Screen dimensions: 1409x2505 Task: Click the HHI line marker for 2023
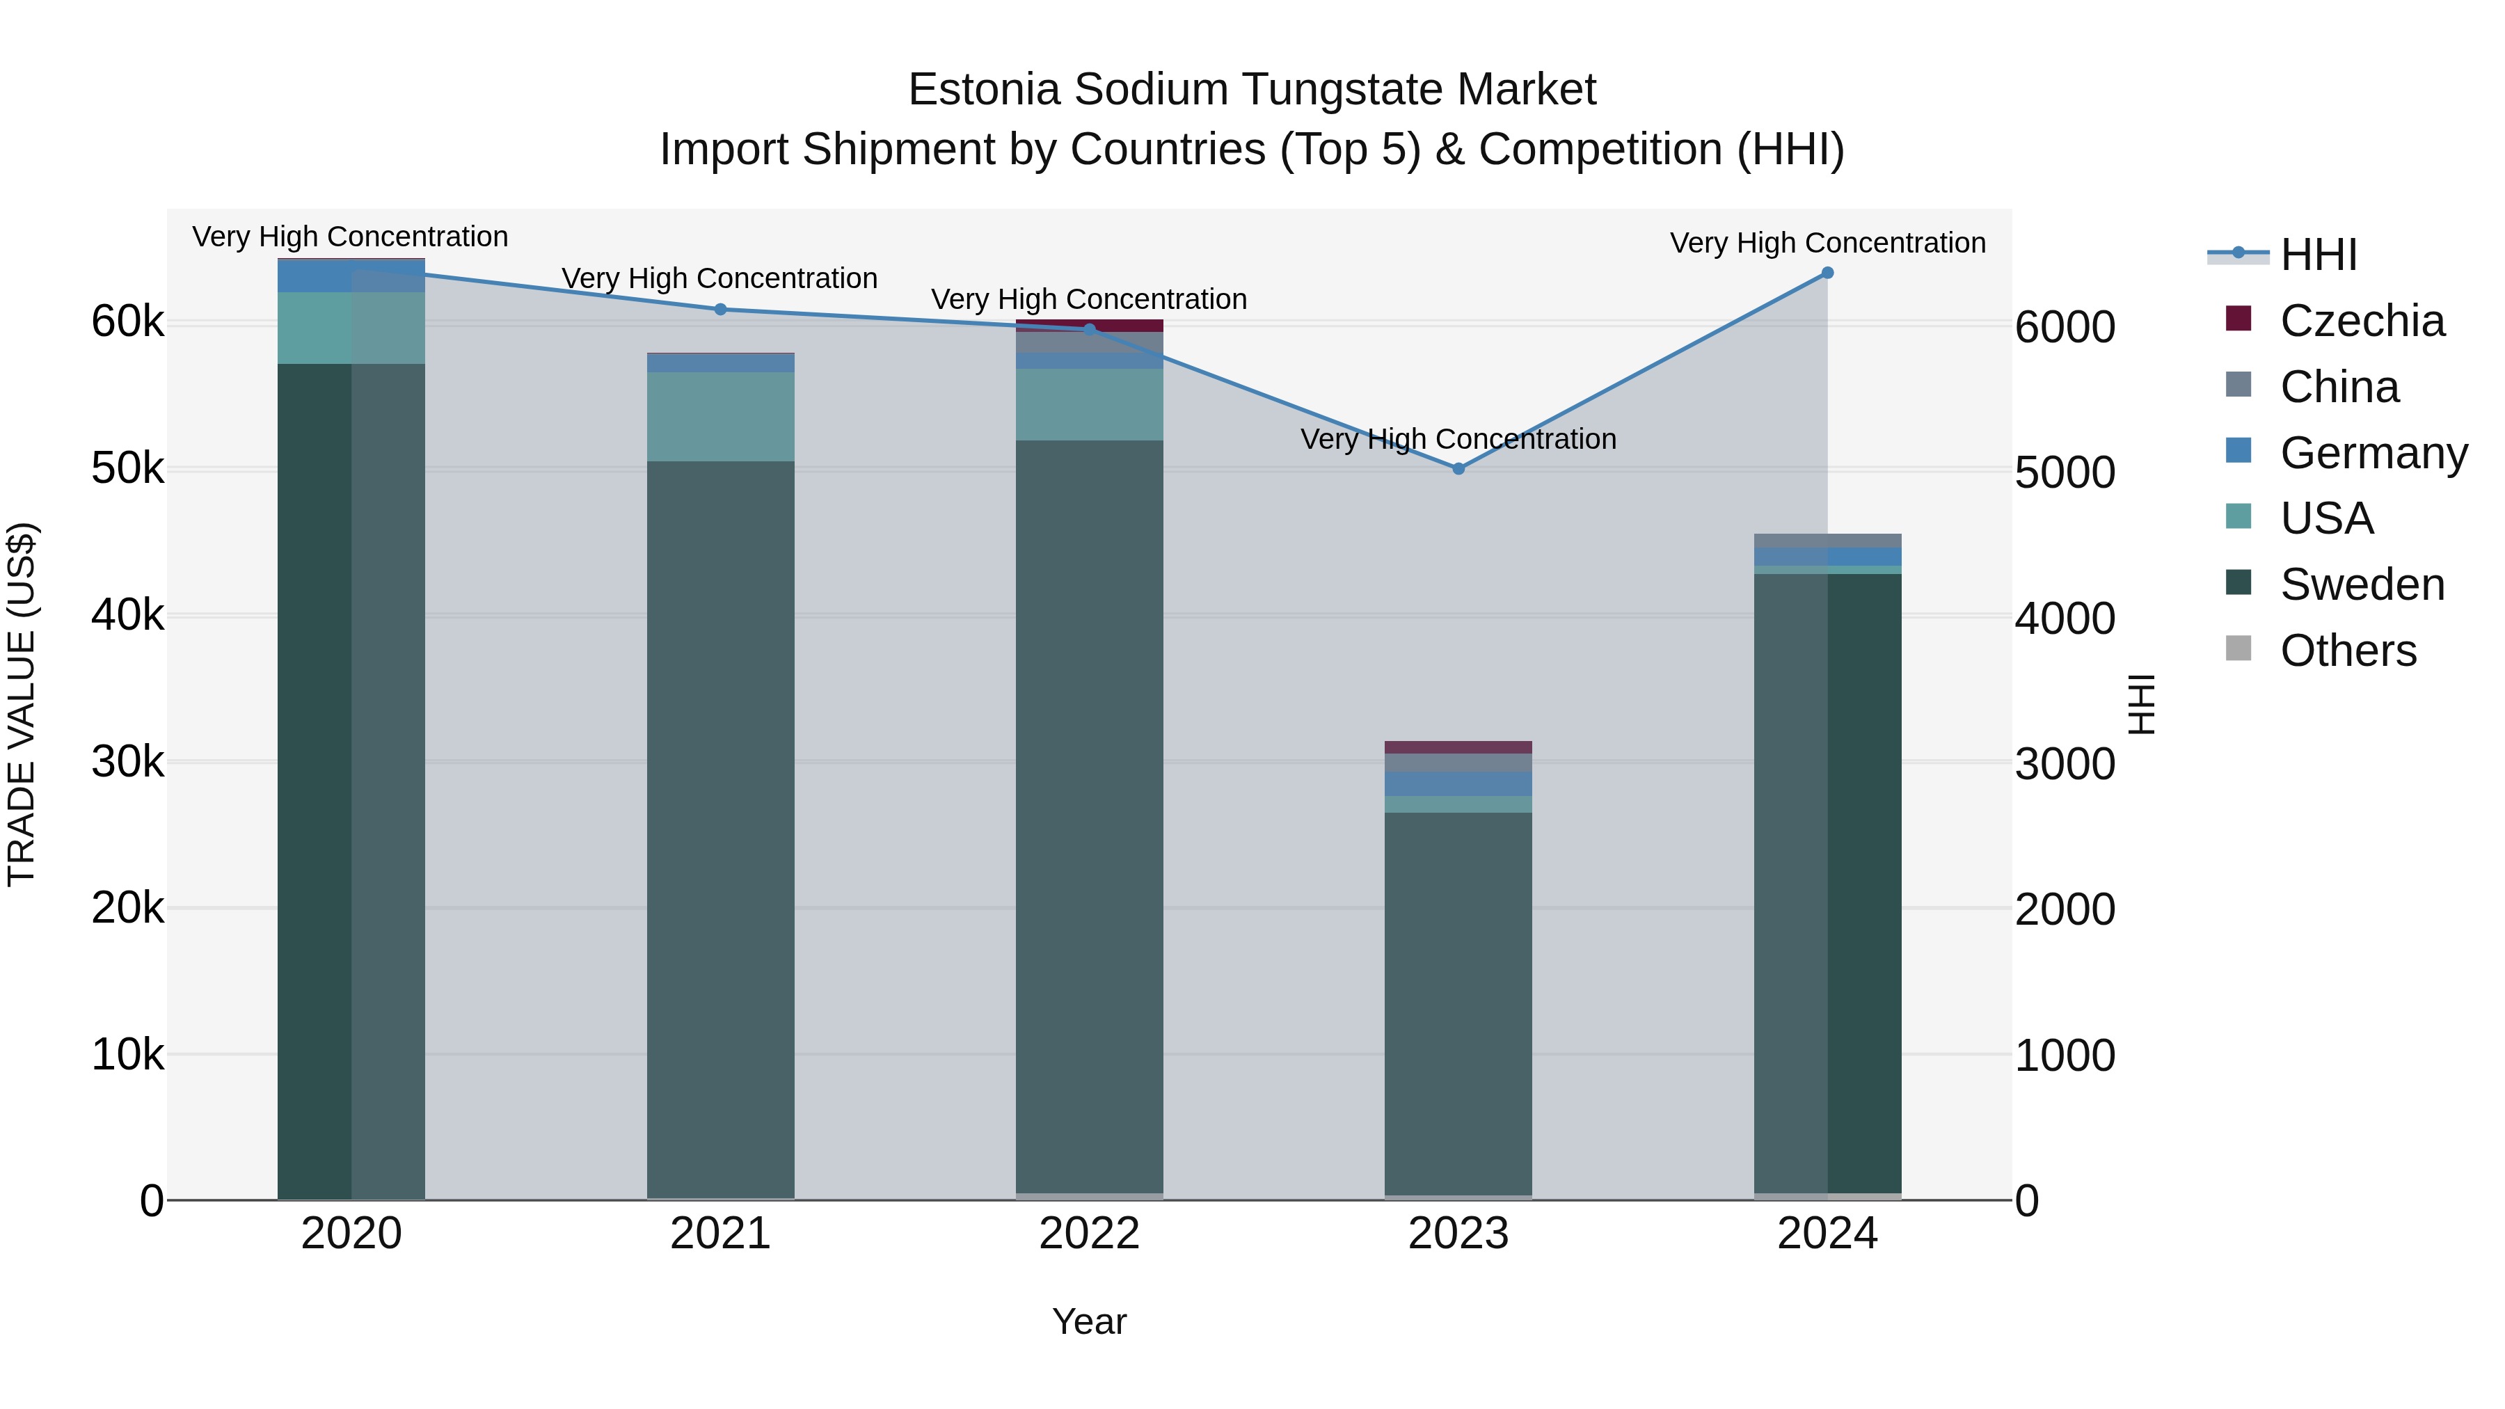(x=1458, y=469)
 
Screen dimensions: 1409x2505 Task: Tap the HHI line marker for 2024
(x=1827, y=273)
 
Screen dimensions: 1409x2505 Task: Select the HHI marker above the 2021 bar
(x=721, y=309)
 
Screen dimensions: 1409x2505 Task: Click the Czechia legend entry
(x=2361, y=321)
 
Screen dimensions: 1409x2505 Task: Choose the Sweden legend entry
(x=2361, y=584)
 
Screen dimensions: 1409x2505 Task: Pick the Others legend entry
(x=2348, y=651)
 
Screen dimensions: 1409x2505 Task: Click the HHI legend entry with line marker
(x=2319, y=255)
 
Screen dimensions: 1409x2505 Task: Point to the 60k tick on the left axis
(x=127, y=322)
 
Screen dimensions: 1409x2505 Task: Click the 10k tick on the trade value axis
(x=127, y=1054)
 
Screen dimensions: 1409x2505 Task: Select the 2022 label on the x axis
(x=1089, y=1234)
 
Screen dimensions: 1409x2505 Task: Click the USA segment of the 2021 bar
(x=721, y=416)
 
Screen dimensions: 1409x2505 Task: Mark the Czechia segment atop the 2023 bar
(x=1458, y=747)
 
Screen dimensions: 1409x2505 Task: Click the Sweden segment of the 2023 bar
(x=1458, y=1001)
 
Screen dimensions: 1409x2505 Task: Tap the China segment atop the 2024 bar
(x=1827, y=541)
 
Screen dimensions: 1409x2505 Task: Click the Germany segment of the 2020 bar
(x=351, y=276)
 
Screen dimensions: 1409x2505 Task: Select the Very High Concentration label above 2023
(x=1458, y=440)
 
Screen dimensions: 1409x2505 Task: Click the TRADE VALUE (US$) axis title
(x=22, y=704)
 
